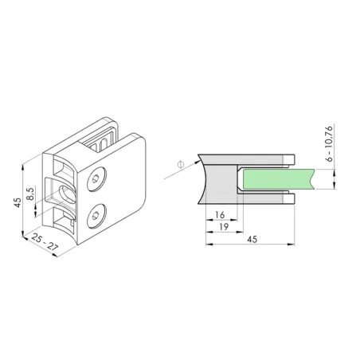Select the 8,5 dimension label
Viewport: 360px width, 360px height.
tap(30, 195)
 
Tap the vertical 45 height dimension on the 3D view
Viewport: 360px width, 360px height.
tap(17, 202)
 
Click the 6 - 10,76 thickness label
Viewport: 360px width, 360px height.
tap(329, 144)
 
